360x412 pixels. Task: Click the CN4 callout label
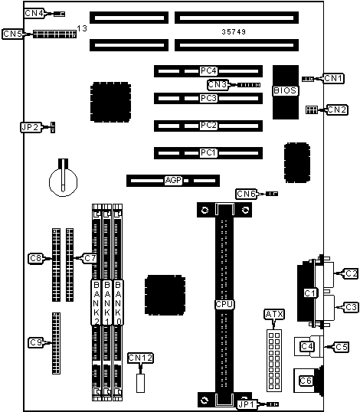[x=34, y=13]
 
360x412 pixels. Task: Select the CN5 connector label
[x=12, y=34]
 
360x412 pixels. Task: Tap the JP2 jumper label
[x=30, y=127]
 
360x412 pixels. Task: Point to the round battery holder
[x=63, y=181]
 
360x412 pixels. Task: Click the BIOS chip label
[x=285, y=90]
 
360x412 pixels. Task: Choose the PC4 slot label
[x=208, y=71]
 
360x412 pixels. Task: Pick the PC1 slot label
[x=208, y=152]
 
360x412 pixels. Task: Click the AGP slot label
[x=173, y=180]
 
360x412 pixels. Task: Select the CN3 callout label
[x=217, y=84]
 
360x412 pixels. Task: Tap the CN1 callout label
[x=333, y=78]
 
